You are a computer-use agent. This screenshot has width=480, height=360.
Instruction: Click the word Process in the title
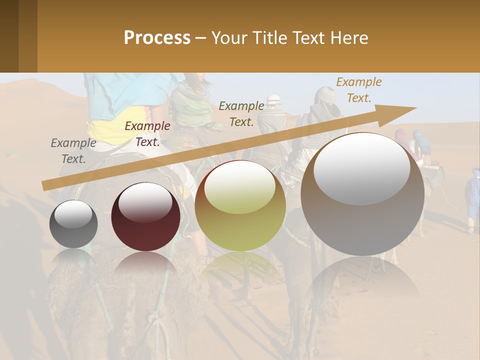(157, 38)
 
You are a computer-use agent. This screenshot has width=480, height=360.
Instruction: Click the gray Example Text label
(73, 151)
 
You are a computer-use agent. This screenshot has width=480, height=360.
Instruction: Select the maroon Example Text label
(147, 134)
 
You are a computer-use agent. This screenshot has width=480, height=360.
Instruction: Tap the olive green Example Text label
(241, 114)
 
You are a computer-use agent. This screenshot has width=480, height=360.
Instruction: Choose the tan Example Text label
(358, 90)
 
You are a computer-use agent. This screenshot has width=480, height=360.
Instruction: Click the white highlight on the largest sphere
(361, 167)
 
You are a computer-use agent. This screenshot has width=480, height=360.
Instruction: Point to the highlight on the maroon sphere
(145, 201)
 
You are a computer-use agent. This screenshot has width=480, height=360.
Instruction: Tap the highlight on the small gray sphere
(73, 213)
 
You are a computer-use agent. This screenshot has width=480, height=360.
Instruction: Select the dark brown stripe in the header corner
(9, 36)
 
